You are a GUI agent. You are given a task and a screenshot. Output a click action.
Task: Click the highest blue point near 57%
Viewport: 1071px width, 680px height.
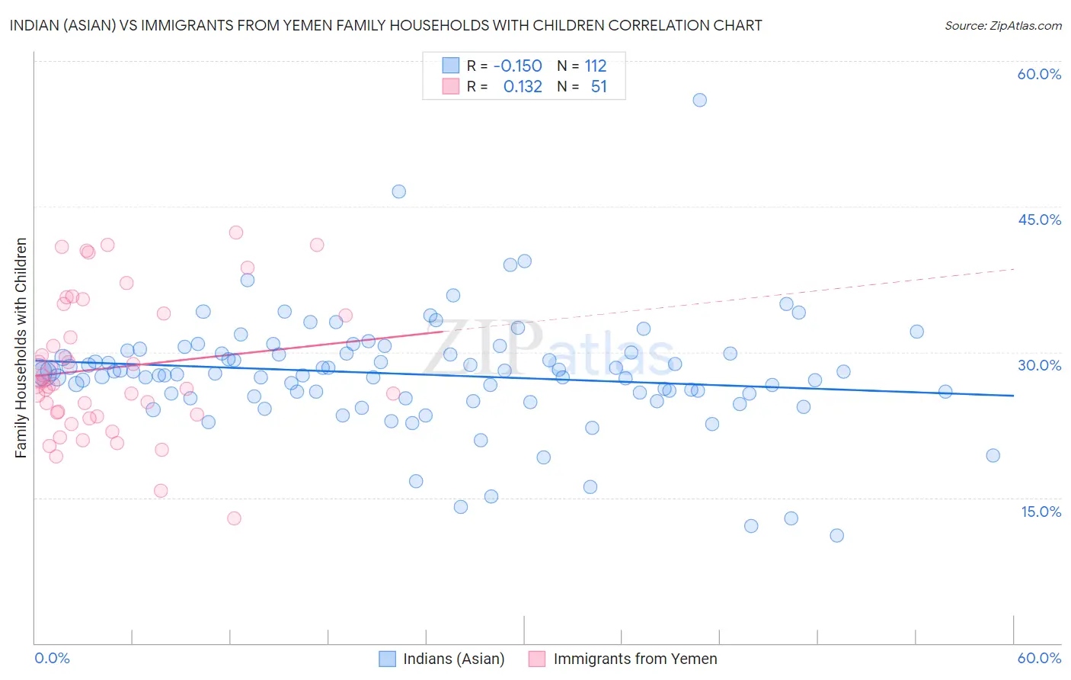[699, 100]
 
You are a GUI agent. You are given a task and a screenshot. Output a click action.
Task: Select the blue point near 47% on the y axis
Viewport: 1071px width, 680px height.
[398, 191]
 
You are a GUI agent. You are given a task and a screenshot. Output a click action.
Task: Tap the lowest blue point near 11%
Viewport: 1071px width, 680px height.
[836, 535]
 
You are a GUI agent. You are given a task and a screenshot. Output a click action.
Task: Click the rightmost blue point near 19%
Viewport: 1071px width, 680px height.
[993, 455]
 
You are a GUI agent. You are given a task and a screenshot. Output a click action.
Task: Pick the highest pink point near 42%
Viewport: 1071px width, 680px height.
[236, 233]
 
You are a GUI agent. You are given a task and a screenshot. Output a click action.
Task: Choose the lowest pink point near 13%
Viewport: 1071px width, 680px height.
[234, 518]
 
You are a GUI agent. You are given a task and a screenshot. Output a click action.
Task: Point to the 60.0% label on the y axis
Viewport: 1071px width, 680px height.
[1039, 74]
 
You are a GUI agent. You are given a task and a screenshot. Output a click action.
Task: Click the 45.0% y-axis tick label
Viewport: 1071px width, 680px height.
[1039, 220]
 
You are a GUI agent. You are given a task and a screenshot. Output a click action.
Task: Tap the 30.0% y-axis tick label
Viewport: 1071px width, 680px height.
[1039, 365]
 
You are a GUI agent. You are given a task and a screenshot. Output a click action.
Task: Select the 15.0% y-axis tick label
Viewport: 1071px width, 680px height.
[1041, 511]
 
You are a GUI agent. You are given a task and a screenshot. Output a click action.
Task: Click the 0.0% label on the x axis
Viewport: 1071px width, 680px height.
[52, 658]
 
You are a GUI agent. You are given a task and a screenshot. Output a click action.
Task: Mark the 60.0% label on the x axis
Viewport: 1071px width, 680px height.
[1039, 658]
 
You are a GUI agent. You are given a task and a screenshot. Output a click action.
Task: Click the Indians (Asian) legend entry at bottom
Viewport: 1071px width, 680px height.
[453, 659]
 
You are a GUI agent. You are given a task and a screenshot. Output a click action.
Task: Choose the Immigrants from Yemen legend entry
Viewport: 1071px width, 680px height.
[635, 659]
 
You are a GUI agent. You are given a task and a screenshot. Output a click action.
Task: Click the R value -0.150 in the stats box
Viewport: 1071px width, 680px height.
[517, 66]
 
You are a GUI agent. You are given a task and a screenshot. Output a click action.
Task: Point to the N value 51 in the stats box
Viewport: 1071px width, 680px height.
[599, 87]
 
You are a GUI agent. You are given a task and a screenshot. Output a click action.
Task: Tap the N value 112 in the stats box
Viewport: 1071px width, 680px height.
[595, 66]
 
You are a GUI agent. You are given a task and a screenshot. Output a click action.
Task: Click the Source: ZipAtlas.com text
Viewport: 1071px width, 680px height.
[1002, 26]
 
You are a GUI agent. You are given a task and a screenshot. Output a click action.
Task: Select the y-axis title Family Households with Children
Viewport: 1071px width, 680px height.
[21, 348]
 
